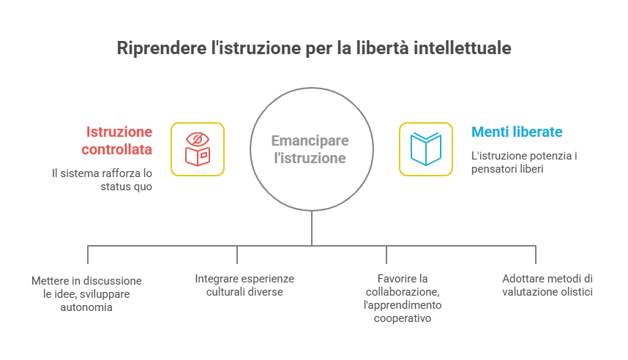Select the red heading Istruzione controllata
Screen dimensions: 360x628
pos(119,141)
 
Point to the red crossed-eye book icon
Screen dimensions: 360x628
pos(198,149)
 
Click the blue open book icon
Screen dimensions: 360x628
pos(425,149)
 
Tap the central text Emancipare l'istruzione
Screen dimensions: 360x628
pos(310,149)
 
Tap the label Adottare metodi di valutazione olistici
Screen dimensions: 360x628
pos(547,285)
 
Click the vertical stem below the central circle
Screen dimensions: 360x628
pos(312,227)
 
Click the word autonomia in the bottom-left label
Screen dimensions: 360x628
pos(86,307)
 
